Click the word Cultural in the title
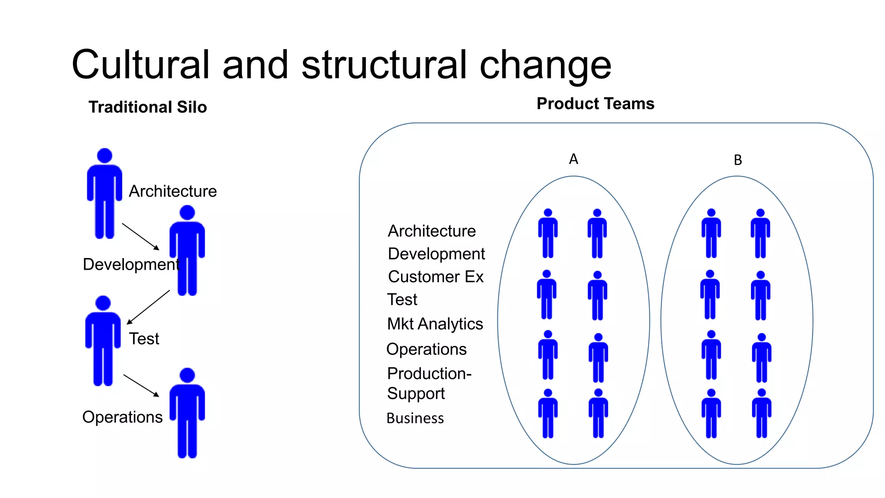140,65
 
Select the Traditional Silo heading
147,107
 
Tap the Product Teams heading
595,104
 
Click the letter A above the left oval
573,159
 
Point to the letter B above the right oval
738,160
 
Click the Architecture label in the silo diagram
173,191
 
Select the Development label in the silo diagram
131,264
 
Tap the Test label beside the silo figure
144,338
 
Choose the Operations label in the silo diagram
122,417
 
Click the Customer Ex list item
436,277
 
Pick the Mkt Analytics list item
435,324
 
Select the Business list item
415,418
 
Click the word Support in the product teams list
416,393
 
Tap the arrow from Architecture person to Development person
140,236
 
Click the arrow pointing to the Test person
148,307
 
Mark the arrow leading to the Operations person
141,386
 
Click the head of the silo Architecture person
105,156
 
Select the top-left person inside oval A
548,233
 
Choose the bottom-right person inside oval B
761,413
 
